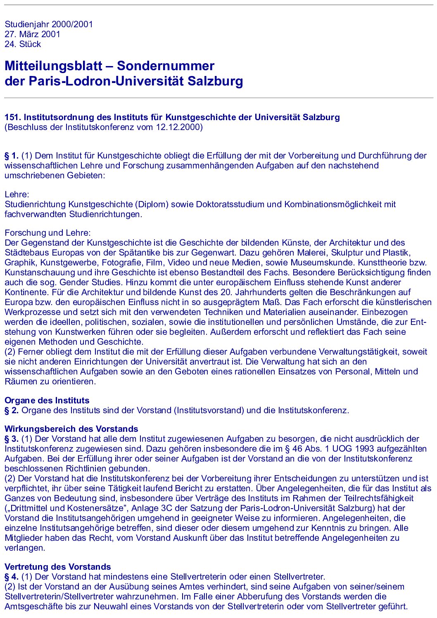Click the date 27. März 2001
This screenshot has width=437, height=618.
pos(32,34)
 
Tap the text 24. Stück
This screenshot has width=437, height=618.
pos(23,44)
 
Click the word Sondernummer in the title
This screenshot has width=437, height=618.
pos(165,66)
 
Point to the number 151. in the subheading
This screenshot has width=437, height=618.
pos(12,117)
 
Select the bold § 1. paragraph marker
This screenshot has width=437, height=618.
pos(12,156)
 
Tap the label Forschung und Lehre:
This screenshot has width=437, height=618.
pos(47,233)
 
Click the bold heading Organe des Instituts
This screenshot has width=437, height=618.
pos(47,400)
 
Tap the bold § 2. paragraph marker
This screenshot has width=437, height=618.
pos(12,410)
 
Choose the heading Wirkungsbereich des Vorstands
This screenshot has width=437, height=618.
pos(71,429)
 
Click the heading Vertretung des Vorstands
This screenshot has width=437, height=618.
pos(57,567)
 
